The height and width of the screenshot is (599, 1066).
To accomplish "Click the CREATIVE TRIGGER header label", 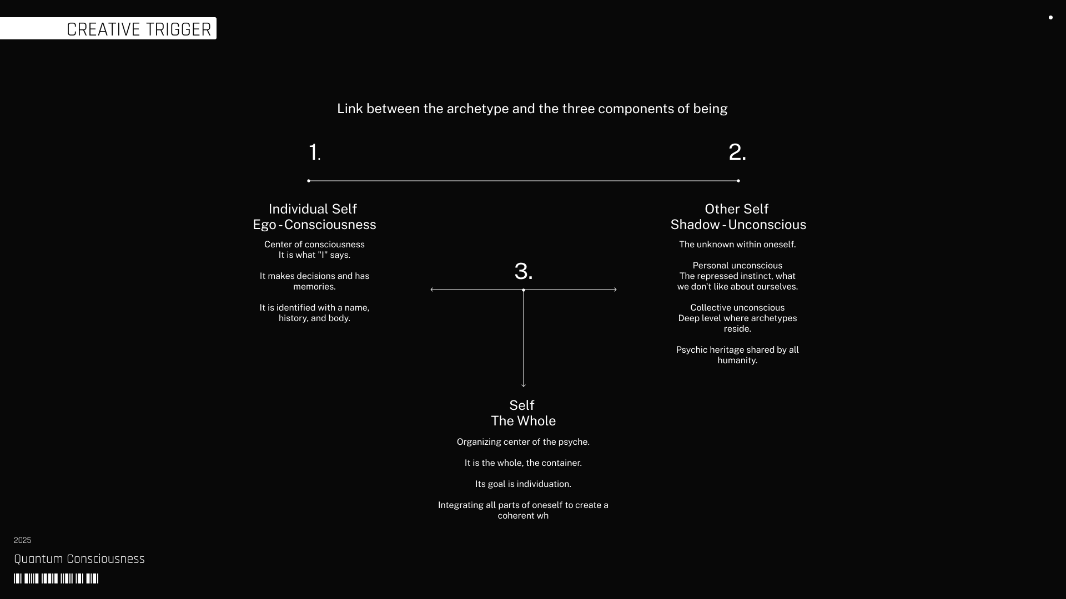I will (x=138, y=29).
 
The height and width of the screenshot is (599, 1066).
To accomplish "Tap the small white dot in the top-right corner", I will (x=1050, y=18).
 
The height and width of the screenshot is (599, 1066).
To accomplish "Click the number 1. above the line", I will (x=314, y=153).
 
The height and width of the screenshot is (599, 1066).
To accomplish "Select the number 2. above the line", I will (x=737, y=153).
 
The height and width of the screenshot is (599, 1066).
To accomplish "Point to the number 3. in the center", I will (x=523, y=272).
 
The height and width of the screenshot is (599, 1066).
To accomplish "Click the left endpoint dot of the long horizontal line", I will (x=309, y=181).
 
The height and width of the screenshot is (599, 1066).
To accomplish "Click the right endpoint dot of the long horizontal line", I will (x=738, y=181).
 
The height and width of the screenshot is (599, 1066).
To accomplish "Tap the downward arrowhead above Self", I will (x=524, y=384).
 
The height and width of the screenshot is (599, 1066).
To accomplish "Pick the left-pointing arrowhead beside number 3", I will (x=433, y=290).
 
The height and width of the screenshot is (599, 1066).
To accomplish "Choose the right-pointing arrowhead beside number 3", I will (x=615, y=290).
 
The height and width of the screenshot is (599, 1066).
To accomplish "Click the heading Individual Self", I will (x=313, y=209).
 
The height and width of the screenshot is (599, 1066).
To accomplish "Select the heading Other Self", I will (x=736, y=209).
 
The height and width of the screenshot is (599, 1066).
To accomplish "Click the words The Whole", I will (x=523, y=421).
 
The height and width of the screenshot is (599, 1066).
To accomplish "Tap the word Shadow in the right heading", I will (x=695, y=225).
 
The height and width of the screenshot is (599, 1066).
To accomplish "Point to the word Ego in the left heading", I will (x=264, y=225).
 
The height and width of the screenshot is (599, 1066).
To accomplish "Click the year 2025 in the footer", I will (x=22, y=540).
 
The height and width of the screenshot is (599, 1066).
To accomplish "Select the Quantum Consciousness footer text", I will (x=79, y=559).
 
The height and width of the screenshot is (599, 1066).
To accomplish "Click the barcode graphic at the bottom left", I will (x=56, y=578).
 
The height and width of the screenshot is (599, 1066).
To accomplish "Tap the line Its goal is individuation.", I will (x=523, y=484).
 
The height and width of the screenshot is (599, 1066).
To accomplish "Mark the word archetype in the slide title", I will (x=477, y=109).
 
